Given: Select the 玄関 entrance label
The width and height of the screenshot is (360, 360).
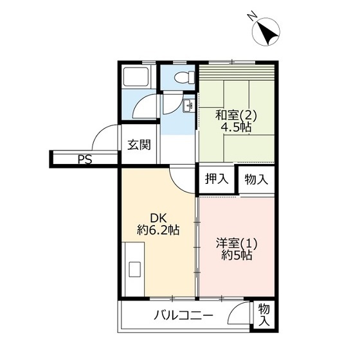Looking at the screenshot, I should point(139,145).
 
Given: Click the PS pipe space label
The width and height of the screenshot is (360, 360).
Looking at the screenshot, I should point(84,159).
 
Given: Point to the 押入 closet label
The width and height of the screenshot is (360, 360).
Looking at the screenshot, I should point(217,179).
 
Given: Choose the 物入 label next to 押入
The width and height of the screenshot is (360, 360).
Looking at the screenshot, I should point(256,179).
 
